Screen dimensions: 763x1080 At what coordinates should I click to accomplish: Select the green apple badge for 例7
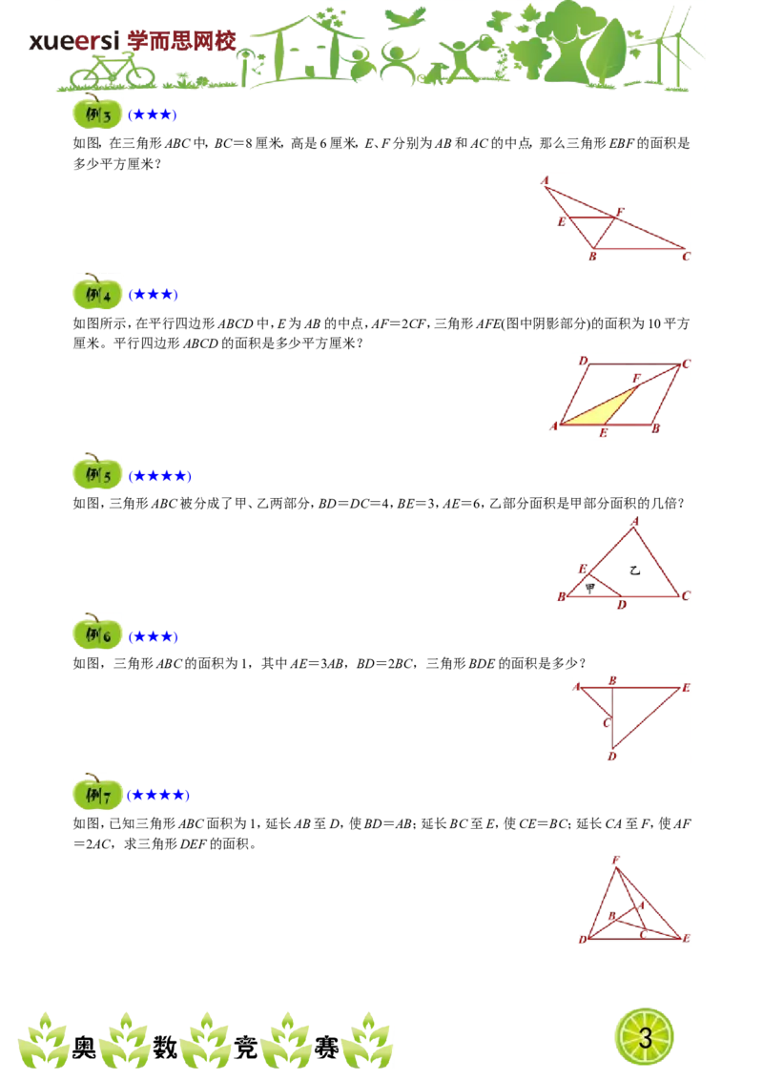click(97, 793)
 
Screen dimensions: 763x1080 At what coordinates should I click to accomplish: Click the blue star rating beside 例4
click(153, 295)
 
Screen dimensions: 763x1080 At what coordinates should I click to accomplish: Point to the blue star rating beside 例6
click(153, 636)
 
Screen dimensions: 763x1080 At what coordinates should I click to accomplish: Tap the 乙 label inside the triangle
click(635, 571)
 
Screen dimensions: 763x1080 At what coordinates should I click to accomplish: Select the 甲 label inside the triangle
click(589, 588)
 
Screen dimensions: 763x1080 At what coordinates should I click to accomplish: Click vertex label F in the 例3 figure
click(620, 212)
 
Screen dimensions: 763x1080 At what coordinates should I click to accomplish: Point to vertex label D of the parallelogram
click(584, 361)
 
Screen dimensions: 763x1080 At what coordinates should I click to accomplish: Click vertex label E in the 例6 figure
click(686, 687)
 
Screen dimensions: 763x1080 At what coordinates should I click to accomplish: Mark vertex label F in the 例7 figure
click(615, 861)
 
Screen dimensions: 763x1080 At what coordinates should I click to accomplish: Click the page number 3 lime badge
click(645, 1037)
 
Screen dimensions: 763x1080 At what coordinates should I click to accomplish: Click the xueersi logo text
click(74, 41)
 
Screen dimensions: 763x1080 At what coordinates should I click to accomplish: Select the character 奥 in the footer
click(84, 1048)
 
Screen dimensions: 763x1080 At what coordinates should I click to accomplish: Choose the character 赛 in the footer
click(326, 1048)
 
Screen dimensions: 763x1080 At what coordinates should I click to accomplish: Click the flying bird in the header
click(405, 17)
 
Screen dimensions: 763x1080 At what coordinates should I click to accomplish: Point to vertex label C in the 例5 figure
click(686, 595)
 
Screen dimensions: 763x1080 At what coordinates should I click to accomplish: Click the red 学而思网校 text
click(182, 41)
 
